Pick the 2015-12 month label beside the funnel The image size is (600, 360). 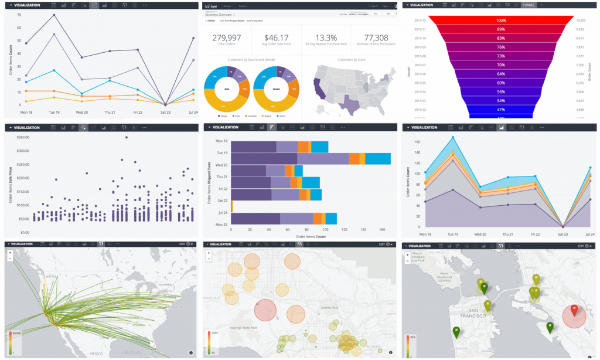click(420, 20)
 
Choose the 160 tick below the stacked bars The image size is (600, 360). click(381, 229)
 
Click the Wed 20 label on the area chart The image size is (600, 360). click(480, 233)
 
